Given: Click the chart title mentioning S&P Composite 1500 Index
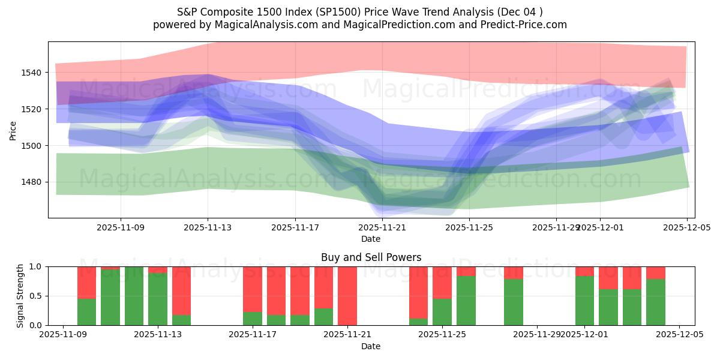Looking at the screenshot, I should (359, 12).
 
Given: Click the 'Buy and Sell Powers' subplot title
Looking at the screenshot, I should (371, 257).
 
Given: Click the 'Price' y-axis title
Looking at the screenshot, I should (13, 130).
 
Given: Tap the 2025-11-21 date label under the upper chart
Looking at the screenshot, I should (383, 227).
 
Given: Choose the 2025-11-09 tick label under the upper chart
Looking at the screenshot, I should (121, 227).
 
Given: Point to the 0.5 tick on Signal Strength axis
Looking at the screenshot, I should (35, 296).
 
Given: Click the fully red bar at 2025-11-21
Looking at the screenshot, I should (347, 296).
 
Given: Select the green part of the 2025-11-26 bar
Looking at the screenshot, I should (466, 301).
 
